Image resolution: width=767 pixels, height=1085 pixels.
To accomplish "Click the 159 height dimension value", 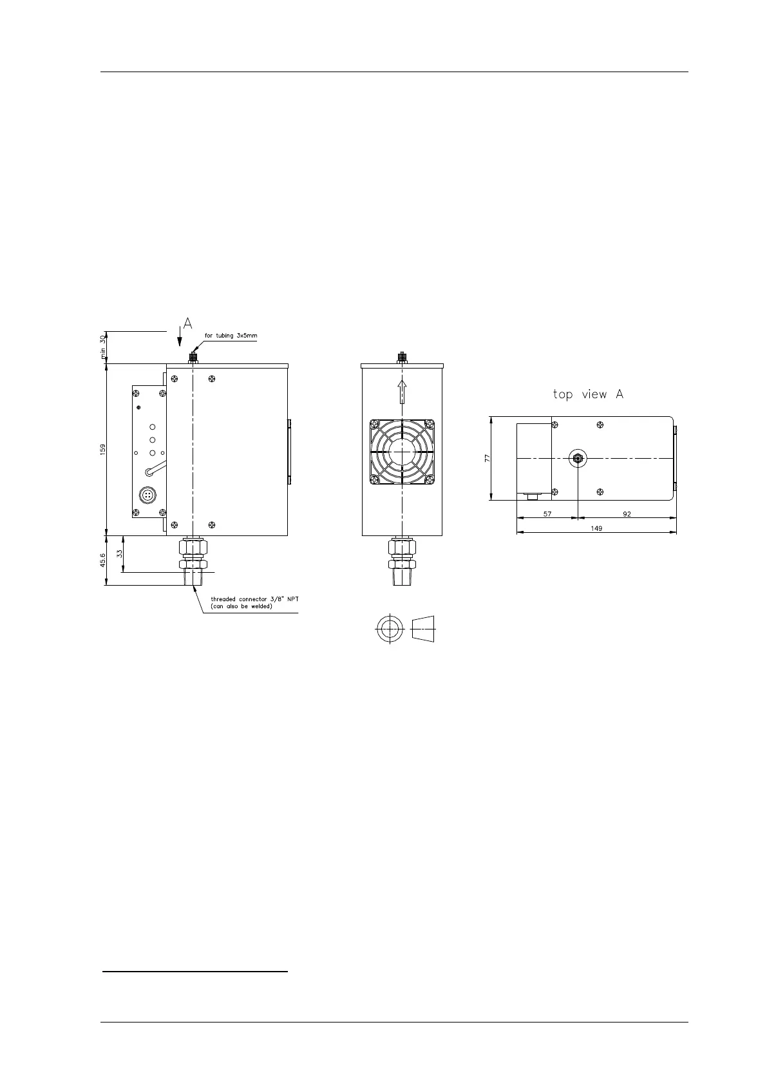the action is pos(102,449).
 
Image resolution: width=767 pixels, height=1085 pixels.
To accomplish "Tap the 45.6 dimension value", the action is pos(102,560).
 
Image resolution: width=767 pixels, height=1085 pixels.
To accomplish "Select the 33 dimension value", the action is pos(119,553).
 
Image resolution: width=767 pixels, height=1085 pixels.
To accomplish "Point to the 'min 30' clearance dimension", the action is pos(102,347).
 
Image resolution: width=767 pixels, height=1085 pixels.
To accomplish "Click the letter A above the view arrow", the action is pos(188,323).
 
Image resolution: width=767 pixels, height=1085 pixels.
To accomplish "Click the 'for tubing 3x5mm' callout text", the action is pos(231,335).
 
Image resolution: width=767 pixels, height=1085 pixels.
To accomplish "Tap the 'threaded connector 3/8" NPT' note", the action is pos(254,599).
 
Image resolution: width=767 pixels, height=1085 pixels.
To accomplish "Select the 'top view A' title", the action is pos(589,394).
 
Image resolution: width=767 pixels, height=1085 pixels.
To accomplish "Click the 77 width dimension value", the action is pos(488,457).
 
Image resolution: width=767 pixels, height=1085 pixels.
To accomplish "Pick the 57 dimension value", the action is pos(547,514).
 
